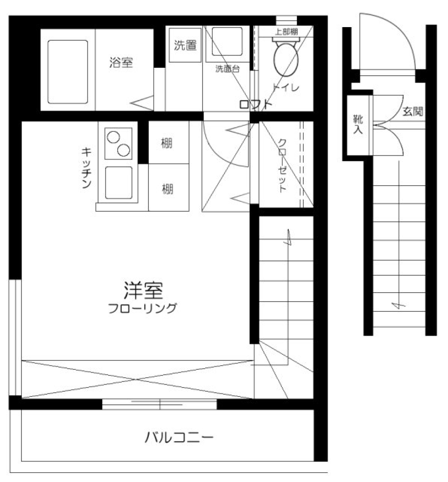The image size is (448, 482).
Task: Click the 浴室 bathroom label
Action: tap(121, 62)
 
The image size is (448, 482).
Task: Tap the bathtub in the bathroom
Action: tap(68, 72)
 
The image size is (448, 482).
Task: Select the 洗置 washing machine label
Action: tap(185, 46)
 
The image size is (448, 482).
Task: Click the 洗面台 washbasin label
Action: tap(227, 69)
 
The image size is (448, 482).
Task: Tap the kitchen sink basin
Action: tap(119, 183)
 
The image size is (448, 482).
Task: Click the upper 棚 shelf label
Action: tap(167, 144)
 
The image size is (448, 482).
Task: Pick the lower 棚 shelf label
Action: tap(167, 189)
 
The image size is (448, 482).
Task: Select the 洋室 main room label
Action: tap(142, 291)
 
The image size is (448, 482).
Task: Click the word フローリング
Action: tap(142, 309)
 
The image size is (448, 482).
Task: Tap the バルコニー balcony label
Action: tap(179, 438)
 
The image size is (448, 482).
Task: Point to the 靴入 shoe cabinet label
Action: tap(357, 124)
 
